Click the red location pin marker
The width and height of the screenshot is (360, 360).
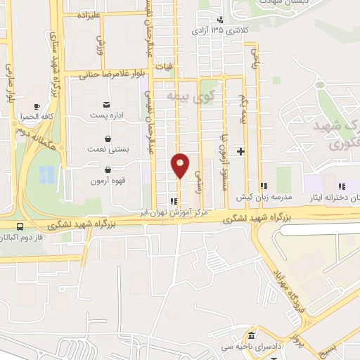[x=180, y=165]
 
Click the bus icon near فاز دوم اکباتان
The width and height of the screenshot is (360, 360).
[x=19, y=226]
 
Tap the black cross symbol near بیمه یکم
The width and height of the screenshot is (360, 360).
[x=241, y=151]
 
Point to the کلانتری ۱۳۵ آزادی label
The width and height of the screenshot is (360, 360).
[x=220, y=30]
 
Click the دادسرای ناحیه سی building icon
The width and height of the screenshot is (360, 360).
[x=251, y=336]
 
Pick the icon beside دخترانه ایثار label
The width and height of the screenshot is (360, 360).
[x=342, y=187]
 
